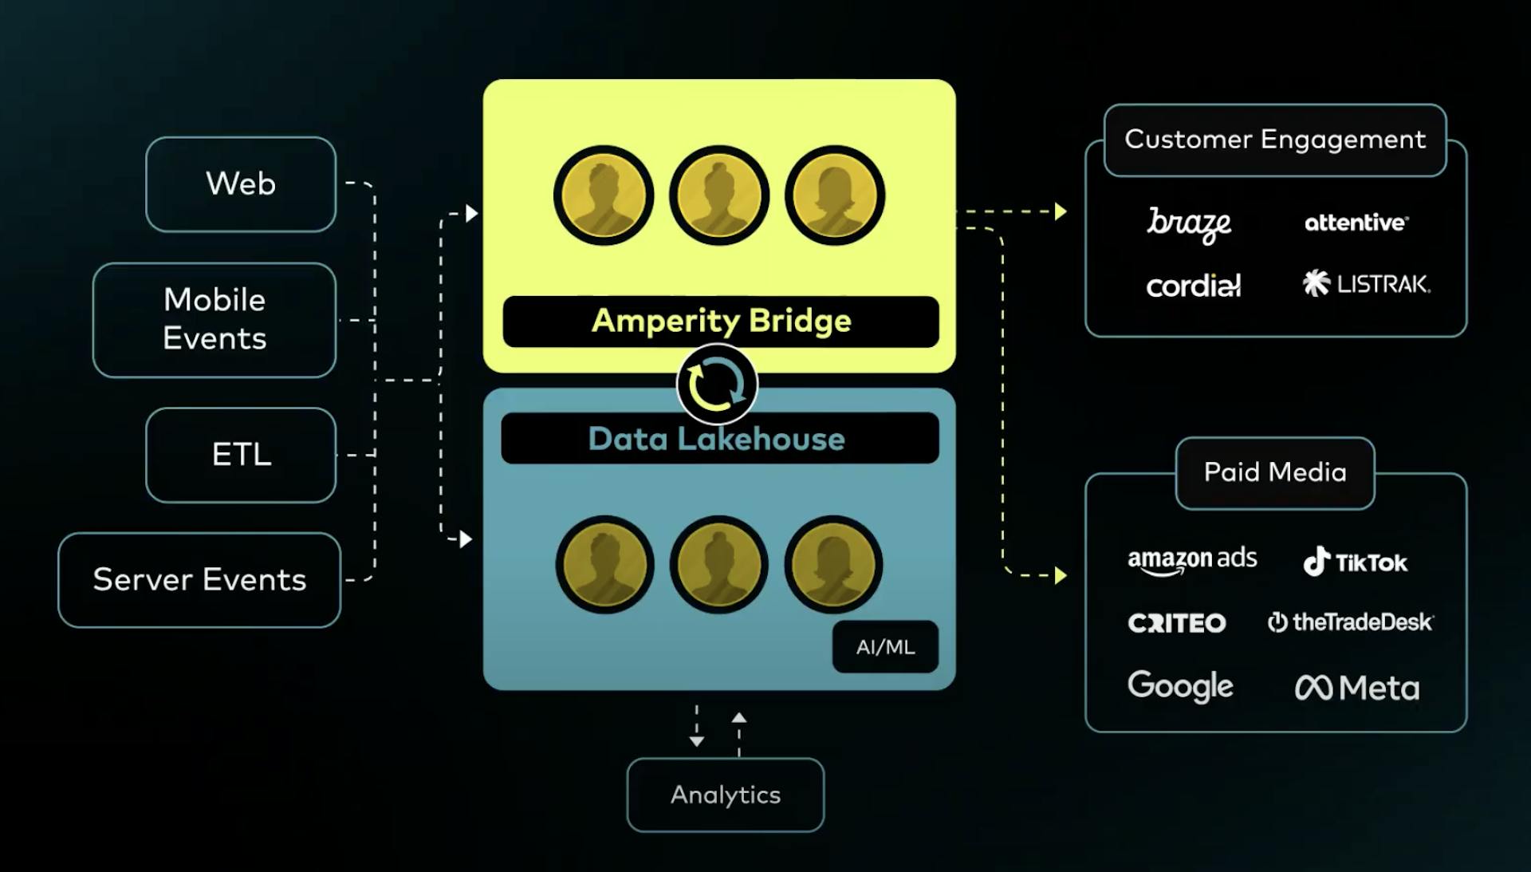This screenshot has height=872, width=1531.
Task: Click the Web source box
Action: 241,184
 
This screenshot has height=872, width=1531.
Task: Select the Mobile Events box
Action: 214,319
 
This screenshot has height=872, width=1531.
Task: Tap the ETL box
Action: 241,455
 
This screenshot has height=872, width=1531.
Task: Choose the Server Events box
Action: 199,580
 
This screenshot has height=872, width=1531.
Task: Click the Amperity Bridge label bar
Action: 721,321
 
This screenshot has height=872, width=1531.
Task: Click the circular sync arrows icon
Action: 717,385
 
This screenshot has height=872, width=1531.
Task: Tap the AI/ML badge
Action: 885,647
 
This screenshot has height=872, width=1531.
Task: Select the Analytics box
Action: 726,795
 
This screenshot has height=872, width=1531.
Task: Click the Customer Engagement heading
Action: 1275,140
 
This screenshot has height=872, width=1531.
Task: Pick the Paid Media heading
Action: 1275,472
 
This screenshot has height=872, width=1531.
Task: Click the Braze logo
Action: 1189,224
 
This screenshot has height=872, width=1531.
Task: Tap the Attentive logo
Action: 1356,223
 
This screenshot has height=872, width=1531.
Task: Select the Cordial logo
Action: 1193,285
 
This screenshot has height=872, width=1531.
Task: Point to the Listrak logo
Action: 1367,283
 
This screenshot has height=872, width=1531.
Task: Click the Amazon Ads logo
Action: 1192,560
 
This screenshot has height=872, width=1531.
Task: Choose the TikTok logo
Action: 1355,562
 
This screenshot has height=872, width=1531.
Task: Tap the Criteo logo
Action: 1177,623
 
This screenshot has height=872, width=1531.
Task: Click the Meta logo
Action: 1357,688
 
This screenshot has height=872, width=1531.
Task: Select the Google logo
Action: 1180,686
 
